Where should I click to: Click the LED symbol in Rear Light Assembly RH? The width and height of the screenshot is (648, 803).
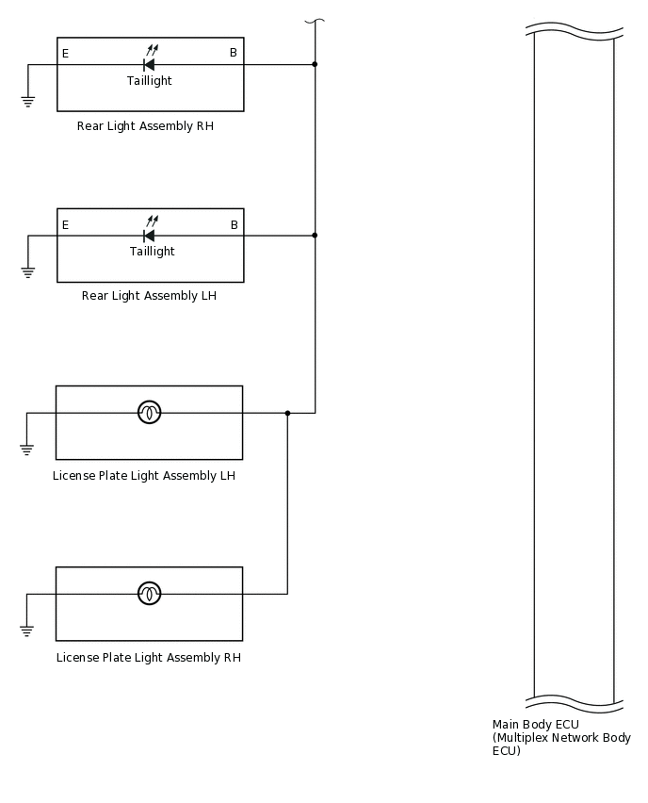[149, 64]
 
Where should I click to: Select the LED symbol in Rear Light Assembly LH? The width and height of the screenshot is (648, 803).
[149, 235]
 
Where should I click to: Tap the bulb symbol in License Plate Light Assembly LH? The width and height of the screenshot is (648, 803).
[150, 413]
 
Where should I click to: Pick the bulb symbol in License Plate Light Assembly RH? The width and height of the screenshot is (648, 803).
[150, 594]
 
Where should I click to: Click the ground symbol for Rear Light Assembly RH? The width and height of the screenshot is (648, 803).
[28, 100]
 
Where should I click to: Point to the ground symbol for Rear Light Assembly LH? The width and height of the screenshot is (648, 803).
[28, 272]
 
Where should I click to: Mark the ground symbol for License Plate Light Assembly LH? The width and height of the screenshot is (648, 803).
[26, 450]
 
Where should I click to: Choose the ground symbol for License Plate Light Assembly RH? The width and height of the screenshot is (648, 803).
[26, 631]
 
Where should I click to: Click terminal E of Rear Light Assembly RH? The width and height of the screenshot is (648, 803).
[65, 54]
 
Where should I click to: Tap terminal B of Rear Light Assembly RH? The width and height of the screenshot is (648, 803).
[234, 54]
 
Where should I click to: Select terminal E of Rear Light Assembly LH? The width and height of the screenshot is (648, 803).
[65, 225]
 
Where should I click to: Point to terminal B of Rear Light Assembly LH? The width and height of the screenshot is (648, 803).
[234, 225]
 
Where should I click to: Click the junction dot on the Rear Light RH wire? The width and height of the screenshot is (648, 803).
[315, 64]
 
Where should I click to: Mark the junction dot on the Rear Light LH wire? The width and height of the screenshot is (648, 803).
[315, 235]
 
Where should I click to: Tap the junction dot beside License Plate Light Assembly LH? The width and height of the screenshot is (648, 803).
[287, 413]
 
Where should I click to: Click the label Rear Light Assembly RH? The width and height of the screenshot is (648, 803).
[145, 126]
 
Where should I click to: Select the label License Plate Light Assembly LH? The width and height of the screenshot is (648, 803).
[144, 476]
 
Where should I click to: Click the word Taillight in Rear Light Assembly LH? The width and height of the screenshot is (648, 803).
[152, 252]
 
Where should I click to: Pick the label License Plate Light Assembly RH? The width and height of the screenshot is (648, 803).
[149, 658]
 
